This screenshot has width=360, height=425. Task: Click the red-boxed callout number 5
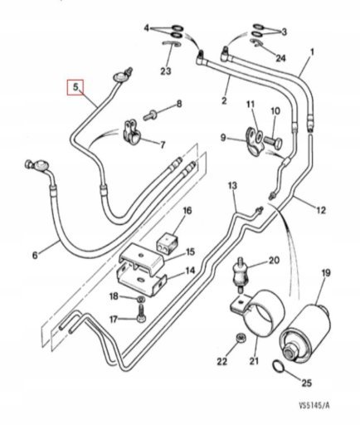tap(75, 87)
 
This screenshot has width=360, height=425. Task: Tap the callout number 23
tap(166, 71)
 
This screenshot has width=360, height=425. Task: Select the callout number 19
tap(326, 273)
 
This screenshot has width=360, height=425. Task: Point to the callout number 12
tap(321, 210)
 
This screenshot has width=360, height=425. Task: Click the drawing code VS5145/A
tap(314, 405)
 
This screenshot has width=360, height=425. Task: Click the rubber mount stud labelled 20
tap(240, 275)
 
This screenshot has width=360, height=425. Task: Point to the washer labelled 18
tap(141, 299)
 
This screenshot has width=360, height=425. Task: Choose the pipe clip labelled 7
tap(131, 131)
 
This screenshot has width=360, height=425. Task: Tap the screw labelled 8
tap(150, 115)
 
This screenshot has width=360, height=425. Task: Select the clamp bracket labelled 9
tap(255, 140)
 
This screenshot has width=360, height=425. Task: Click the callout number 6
tap(35, 255)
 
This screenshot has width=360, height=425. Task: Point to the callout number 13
tap(232, 186)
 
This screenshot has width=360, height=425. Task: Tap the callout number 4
tap(147, 28)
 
